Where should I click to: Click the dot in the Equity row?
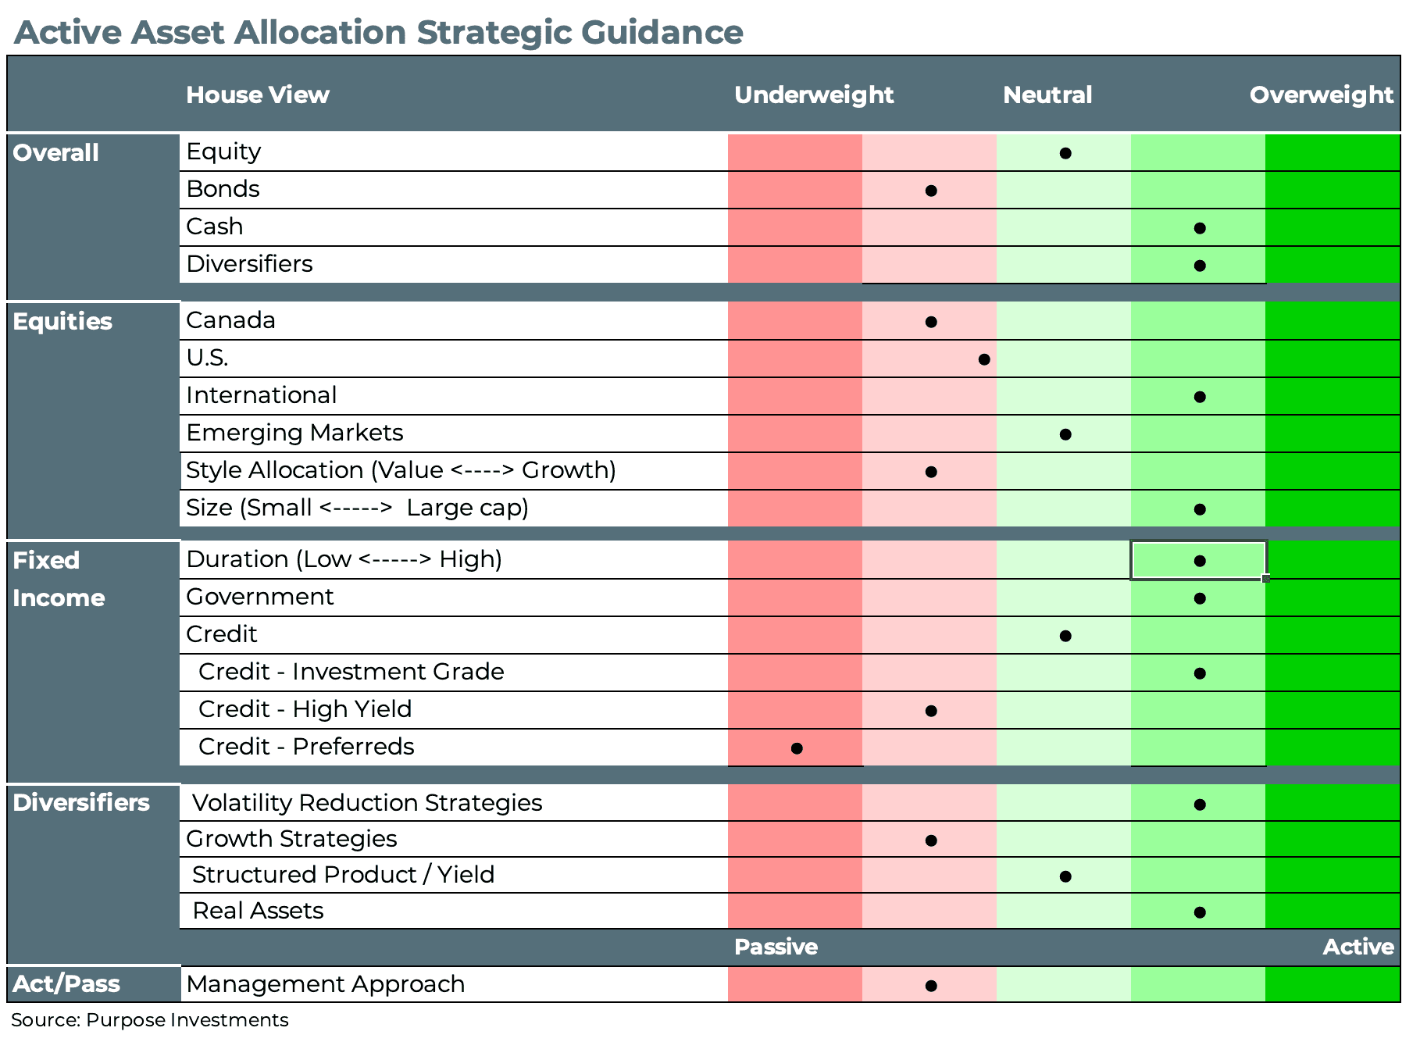point(1065,153)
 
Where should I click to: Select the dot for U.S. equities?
point(984,359)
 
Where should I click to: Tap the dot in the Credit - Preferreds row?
point(796,748)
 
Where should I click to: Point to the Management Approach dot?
point(930,986)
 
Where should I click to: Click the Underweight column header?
point(813,95)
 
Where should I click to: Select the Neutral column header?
point(1047,95)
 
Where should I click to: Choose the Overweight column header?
point(1321,95)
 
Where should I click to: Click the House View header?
point(257,95)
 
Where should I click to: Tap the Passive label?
point(775,947)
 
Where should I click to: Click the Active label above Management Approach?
point(1358,947)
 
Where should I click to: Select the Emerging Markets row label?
point(294,433)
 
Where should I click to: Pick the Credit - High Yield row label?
point(305,709)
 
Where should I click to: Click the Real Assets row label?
point(258,911)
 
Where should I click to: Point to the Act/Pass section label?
point(66,984)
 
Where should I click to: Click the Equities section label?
point(62,322)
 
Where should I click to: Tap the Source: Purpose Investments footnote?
point(149,1020)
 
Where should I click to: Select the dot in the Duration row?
point(1200,561)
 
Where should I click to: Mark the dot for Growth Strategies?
point(930,840)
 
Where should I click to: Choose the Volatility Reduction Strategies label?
point(366,803)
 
